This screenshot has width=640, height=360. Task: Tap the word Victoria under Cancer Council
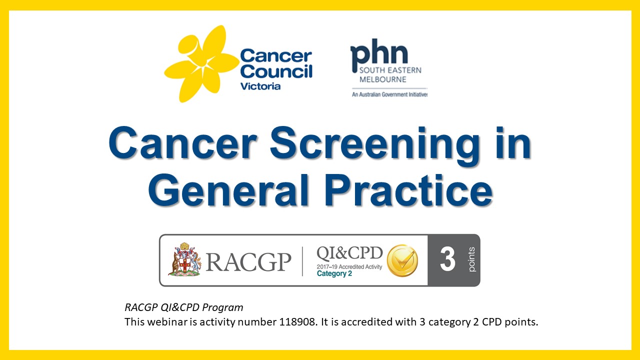click(260, 86)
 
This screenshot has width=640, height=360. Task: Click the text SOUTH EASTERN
click(390, 70)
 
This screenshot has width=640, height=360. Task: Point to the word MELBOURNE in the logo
click(382, 79)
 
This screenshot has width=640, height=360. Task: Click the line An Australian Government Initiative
click(389, 94)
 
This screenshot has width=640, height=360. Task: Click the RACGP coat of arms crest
click(184, 259)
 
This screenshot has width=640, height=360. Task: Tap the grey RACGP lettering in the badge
click(248, 261)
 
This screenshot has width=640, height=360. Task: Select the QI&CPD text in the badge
click(349, 253)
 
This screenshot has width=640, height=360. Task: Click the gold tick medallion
click(403, 260)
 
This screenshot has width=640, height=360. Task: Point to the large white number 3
click(447, 260)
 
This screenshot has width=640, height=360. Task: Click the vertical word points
click(472, 260)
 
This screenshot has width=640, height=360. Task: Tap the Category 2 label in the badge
click(334, 274)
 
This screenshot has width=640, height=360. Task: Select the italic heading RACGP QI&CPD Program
click(183, 307)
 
